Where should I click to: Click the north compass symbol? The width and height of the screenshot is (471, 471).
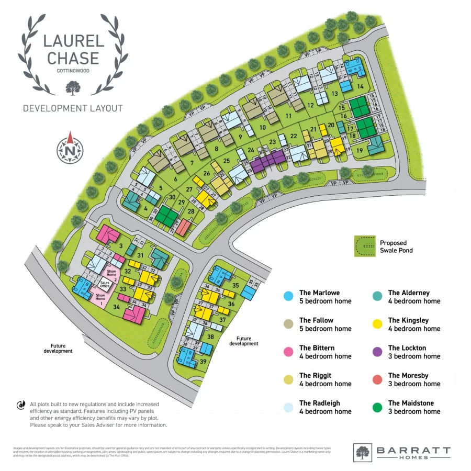70,148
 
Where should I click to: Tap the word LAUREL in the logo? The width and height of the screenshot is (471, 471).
73,41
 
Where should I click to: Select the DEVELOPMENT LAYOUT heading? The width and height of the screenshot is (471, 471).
73,108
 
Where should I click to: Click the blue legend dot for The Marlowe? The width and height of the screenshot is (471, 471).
287,297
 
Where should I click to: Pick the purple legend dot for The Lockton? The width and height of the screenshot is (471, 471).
376,352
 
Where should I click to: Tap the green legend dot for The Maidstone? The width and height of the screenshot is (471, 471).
376,407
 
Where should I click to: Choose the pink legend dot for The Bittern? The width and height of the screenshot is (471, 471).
287,352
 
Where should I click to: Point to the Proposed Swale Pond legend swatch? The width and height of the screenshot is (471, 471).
365,246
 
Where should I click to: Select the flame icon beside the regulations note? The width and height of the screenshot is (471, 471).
21,405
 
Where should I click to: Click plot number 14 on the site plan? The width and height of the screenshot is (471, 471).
360,86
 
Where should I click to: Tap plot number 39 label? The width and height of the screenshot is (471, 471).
203,362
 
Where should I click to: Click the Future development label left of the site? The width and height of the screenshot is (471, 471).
58,348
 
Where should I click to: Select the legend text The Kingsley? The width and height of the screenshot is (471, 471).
408,320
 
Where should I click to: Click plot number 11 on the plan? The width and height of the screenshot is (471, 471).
288,116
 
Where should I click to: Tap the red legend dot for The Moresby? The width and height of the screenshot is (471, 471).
376,379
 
